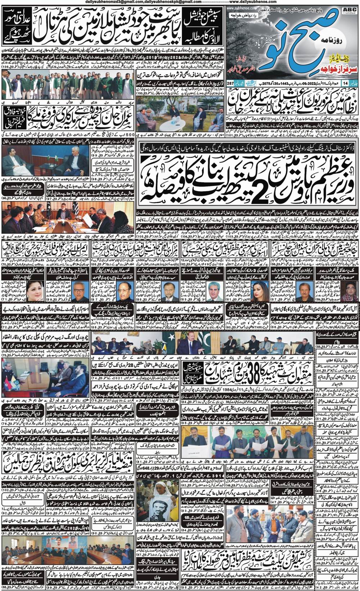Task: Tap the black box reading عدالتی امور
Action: click(13, 18)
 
